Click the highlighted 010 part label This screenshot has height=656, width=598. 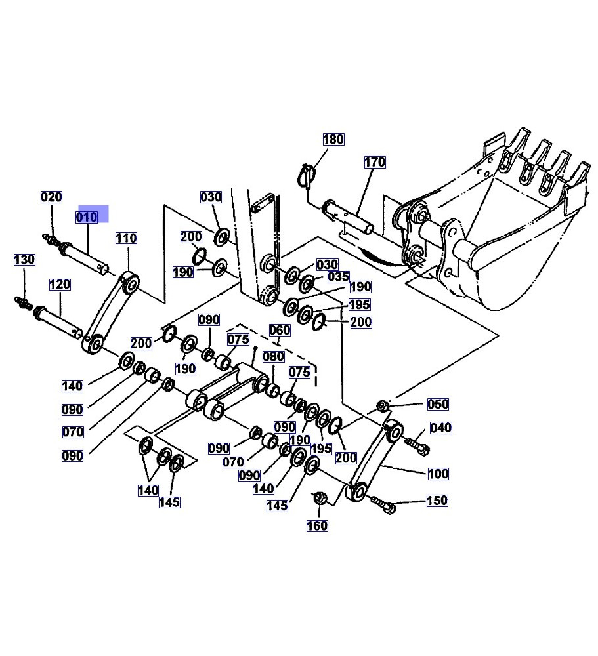click(87, 217)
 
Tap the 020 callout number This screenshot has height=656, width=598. click(51, 197)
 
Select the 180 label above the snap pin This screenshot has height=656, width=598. click(333, 139)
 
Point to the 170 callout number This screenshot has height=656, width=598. click(375, 162)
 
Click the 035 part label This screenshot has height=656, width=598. click(338, 277)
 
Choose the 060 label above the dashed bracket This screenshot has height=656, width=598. click(280, 330)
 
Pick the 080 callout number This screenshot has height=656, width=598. click(273, 356)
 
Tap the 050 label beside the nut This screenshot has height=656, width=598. click(438, 404)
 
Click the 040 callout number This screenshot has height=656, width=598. click(441, 428)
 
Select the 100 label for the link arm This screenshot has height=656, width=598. click(438, 474)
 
